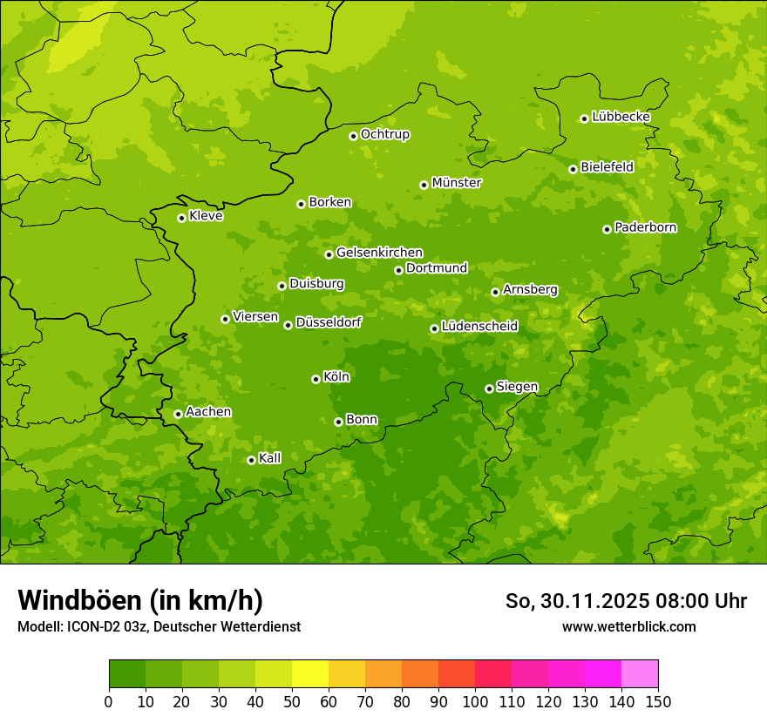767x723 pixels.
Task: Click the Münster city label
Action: click(457, 183)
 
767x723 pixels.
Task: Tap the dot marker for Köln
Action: click(316, 379)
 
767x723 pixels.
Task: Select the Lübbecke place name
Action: click(621, 117)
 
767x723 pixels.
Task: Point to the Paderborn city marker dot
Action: click(607, 229)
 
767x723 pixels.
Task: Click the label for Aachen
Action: click(208, 412)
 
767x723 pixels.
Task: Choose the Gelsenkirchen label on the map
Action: click(379, 253)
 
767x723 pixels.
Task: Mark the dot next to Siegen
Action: click(489, 389)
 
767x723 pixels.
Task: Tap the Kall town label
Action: click(270, 458)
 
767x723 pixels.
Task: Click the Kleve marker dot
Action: click(181, 218)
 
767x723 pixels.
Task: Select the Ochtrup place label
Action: click(384, 134)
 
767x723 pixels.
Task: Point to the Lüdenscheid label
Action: click(479, 327)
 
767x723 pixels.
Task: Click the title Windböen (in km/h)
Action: click(140, 600)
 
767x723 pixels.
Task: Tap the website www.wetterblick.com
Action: click(628, 626)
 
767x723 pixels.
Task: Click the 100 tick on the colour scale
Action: click(475, 701)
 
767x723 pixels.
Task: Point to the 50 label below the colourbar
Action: click(292, 701)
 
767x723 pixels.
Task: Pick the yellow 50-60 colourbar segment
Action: click(310, 674)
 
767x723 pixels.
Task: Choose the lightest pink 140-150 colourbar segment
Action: click(640, 674)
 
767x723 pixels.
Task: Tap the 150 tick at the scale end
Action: click(658, 701)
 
